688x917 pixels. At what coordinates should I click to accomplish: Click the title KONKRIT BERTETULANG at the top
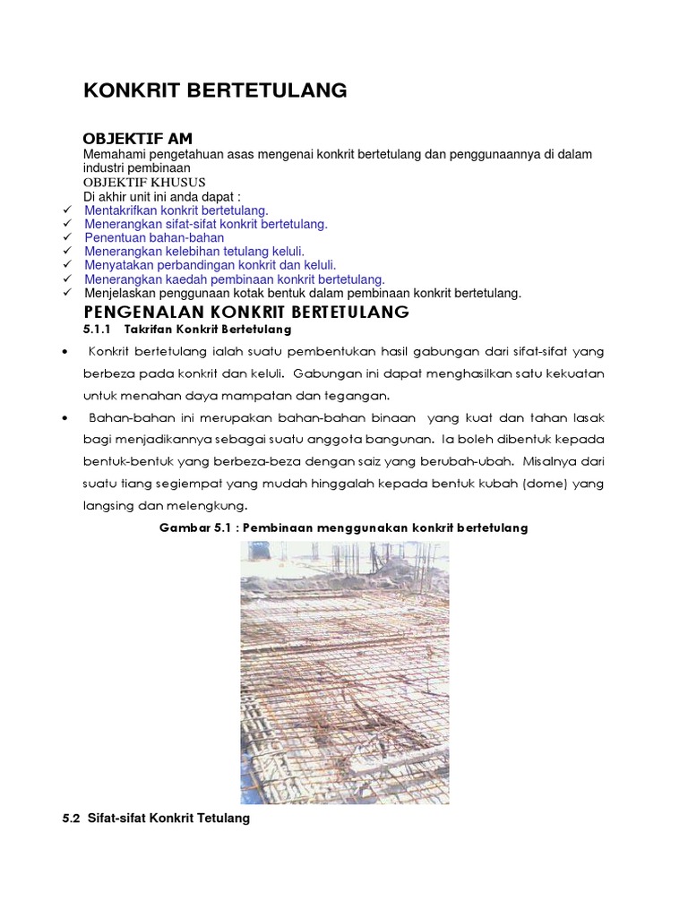coord(215,90)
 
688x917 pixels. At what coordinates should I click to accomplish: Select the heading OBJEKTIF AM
coord(137,138)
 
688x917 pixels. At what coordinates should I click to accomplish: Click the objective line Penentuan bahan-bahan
coord(154,238)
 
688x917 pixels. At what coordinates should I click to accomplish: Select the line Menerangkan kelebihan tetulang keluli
coord(194,252)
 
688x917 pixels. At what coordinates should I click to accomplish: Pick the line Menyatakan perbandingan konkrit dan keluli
coord(211,265)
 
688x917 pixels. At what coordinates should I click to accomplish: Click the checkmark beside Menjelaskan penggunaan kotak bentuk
coord(67,293)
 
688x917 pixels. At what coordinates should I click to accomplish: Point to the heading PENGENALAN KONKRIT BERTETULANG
coord(245,312)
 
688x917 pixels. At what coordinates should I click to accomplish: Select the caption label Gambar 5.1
coord(191,527)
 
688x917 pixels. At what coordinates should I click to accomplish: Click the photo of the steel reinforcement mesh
coord(344,672)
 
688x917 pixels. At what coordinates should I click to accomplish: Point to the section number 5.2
coord(72,818)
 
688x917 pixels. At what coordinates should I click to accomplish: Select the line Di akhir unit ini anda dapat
coord(162,196)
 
